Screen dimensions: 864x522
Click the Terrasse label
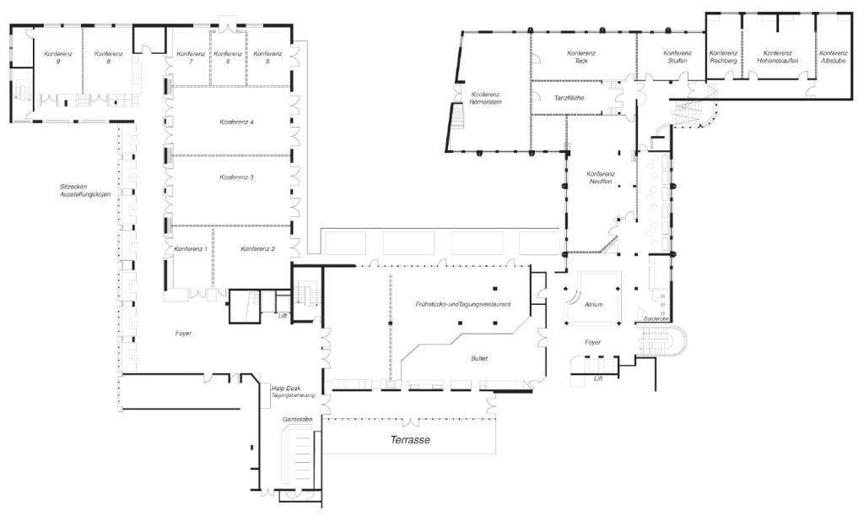(x=410, y=440)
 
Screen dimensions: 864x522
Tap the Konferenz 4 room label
(x=236, y=122)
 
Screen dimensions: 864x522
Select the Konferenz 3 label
(x=236, y=177)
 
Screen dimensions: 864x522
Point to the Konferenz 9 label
(x=58, y=57)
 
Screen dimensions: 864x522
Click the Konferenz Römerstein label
(x=485, y=98)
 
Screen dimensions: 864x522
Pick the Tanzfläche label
(x=570, y=98)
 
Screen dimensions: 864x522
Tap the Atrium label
(x=594, y=305)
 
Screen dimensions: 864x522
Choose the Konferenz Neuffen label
(x=601, y=177)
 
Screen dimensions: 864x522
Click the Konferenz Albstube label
(x=833, y=57)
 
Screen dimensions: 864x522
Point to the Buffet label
(x=479, y=359)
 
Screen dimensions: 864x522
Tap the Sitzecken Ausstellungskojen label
(x=85, y=190)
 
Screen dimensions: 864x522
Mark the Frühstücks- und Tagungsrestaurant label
(x=463, y=304)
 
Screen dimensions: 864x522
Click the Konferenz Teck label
(x=581, y=57)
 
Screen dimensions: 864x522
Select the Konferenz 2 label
(x=258, y=249)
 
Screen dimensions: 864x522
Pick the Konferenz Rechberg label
(x=723, y=57)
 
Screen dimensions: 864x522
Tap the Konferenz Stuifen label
(x=677, y=57)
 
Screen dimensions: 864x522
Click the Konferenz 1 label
(x=191, y=249)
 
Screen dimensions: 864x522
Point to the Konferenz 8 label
(x=109, y=57)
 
